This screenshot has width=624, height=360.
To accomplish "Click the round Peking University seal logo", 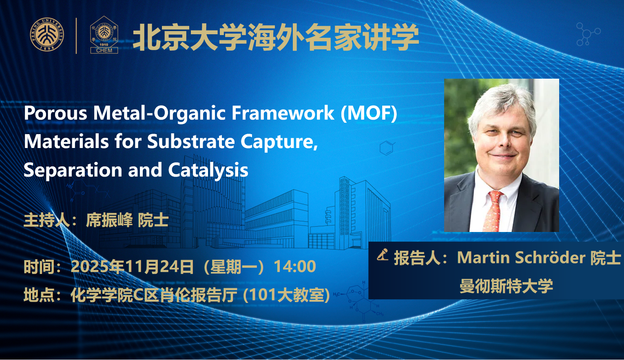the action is tap(47, 35).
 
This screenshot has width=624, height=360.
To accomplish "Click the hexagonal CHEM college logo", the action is tap(104, 35).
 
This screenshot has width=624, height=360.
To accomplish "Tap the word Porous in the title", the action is tap(56, 113).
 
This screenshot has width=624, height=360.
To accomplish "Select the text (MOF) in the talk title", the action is tap(369, 114).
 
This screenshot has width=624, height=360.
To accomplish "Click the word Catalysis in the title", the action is tap(208, 170).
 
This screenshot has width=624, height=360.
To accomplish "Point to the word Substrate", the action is tap(191, 141).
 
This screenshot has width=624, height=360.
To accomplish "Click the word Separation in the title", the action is tap(73, 170).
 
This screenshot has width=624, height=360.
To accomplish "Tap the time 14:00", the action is tap(295, 266).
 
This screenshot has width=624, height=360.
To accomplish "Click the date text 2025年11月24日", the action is tap(132, 266).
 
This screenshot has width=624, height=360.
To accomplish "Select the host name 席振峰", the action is tap(109, 220).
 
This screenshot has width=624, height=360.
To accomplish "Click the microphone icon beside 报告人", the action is tap(383, 255).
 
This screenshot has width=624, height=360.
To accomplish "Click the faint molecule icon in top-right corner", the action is tap(588, 34).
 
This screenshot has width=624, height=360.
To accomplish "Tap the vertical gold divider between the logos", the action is tap(76, 35).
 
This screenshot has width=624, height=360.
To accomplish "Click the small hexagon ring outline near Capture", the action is tap(386, 148).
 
